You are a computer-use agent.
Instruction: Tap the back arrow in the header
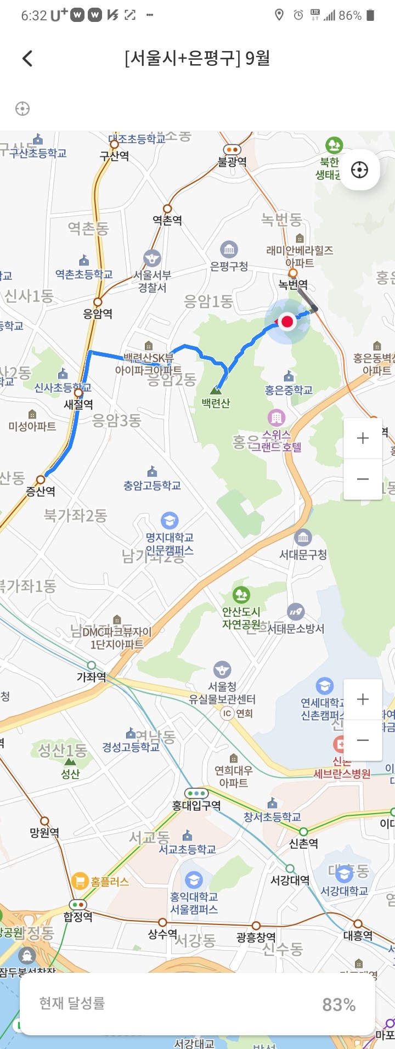27,58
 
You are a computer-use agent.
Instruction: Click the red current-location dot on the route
287,322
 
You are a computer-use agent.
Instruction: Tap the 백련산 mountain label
216,403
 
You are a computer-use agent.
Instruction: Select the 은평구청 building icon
229,250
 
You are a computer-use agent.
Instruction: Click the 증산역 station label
41,491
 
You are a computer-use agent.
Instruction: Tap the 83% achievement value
338,1005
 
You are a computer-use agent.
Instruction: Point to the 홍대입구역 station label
196,805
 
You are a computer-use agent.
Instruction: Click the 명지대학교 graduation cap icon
169,520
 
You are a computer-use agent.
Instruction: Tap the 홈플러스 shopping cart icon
80,882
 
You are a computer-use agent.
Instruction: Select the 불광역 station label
232,162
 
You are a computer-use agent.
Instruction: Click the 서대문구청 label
303,555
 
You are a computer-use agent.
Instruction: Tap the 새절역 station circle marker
78,392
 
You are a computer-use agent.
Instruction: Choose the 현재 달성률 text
72,1003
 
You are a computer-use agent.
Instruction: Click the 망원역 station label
44,832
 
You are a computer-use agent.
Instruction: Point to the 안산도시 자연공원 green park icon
241,595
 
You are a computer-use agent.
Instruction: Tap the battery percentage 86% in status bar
349,15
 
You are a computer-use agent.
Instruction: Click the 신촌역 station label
303,843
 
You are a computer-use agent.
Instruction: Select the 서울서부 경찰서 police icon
152,258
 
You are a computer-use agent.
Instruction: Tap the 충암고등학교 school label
152,486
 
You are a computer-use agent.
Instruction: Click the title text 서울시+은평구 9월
198,58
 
